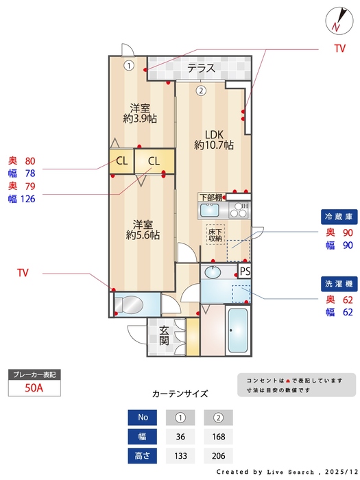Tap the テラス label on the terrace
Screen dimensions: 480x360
coord(202,69)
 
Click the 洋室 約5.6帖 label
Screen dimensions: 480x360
coord(143,228)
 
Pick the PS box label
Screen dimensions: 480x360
coord(245,272)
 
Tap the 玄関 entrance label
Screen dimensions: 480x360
coord(164,335)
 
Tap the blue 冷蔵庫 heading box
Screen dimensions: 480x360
coord(339,217)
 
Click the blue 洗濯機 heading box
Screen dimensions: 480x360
coord(339,283)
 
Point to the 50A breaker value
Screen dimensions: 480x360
coord(34,388)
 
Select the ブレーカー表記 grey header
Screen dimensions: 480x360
coord(34,374)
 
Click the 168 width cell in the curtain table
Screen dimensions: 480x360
coord(218,435)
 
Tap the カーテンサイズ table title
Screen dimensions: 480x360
coord(180,394)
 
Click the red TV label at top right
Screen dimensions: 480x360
coord(339,49)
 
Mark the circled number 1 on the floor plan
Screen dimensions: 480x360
coord(128,66)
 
